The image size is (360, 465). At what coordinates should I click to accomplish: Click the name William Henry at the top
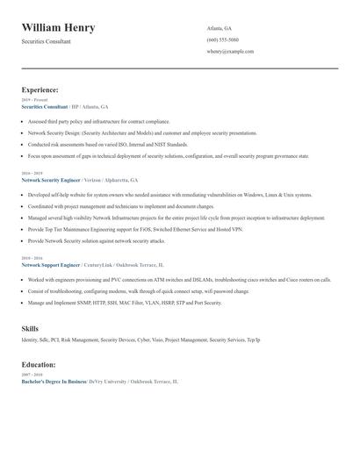(x=59, y=28)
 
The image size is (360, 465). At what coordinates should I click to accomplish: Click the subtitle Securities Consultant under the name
(x=47, y=41)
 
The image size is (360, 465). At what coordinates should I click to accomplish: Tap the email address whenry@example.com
(x=230, y=51)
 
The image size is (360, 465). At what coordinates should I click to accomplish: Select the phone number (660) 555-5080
(x=222, y=39)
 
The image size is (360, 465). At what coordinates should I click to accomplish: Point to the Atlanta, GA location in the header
(x=220, y=28)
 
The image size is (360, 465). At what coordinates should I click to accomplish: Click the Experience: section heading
(x=40, y=89)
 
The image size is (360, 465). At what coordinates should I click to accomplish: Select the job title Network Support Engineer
(x=51, y=264)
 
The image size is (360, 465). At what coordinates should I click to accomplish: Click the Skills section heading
(x=30, y=328)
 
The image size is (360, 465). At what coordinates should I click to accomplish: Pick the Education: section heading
(x=39, y=364)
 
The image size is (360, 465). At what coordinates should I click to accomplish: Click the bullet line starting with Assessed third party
(x=98, y=122)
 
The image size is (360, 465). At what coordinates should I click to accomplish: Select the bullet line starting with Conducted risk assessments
(x=107, y=144)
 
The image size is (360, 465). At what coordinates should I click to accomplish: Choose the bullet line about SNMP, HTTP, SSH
(x=125, y=303)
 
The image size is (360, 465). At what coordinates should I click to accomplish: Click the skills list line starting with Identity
(x=140, y=340)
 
